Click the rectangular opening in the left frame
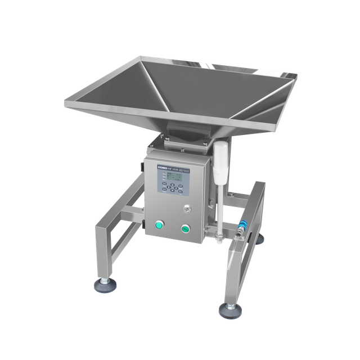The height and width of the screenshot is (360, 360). [120, 242]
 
